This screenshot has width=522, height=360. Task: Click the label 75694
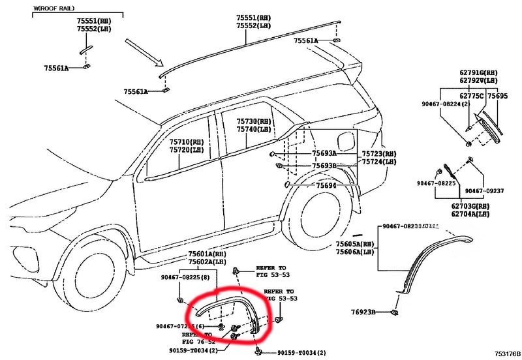click(x=326, y=186)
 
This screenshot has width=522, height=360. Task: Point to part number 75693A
click(x=324, y=153)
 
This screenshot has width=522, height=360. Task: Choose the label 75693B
click(x=324, y=166)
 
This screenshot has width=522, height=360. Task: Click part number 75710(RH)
click(x=187, y=142)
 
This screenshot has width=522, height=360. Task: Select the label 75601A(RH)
click(x=206, y=254)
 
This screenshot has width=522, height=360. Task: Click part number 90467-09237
click(x=485, y=191)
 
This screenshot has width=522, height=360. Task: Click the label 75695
click(x=497, y=96)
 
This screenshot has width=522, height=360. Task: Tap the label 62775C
click(x=473, y=96)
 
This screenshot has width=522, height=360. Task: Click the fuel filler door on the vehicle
click(x=346, y=140)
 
